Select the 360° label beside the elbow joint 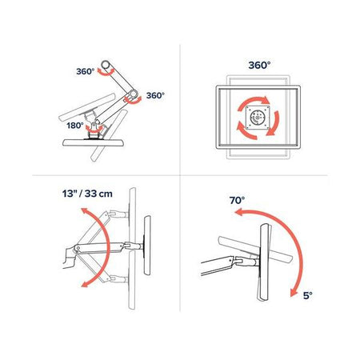point(156,94)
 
